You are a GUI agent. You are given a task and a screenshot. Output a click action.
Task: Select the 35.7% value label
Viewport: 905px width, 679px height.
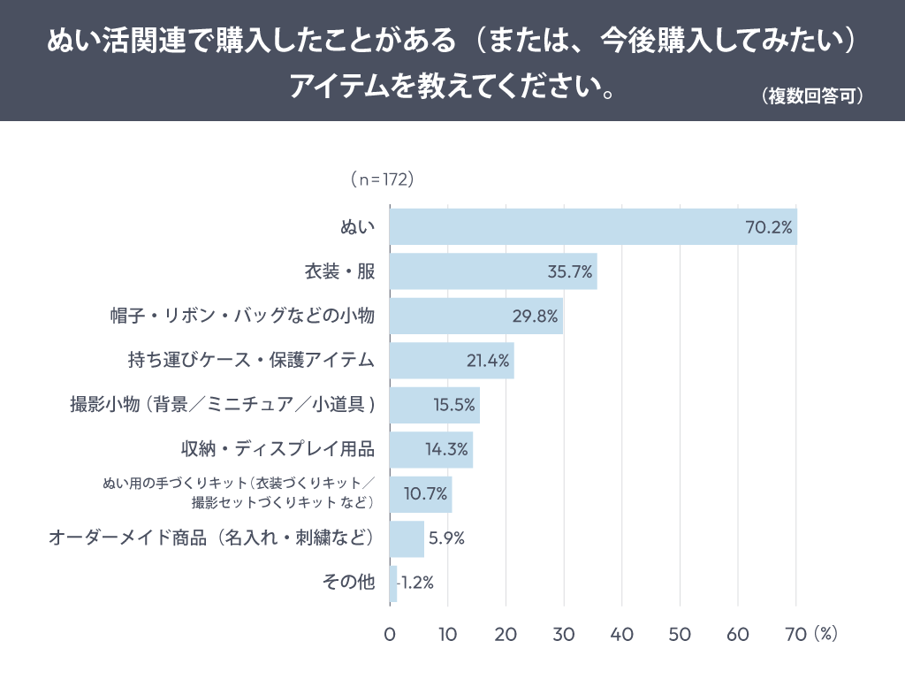569,271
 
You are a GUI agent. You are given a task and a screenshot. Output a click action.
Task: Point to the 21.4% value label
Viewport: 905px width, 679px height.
488,361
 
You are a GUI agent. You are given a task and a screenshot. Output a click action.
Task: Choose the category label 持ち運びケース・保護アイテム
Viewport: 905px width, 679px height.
252,361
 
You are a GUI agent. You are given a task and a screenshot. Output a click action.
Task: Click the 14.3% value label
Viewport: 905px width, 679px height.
446,449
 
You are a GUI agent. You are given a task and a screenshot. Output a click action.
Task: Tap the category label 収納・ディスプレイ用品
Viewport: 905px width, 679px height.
278,449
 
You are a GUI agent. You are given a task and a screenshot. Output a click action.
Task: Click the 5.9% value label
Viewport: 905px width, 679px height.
446,538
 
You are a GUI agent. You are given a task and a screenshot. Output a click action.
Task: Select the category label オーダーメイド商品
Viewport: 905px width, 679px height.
212,538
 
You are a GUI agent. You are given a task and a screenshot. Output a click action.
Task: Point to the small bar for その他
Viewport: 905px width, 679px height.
393,584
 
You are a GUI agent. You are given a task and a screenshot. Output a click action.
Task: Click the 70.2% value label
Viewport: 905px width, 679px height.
768,227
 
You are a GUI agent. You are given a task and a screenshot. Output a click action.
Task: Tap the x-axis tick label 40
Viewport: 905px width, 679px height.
621,635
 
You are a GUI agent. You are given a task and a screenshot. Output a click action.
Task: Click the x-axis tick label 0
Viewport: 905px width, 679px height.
390,635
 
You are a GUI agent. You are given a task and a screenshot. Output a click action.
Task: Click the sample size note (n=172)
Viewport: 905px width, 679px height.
382,179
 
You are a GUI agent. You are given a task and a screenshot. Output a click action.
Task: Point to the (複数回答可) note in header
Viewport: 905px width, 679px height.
811,96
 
